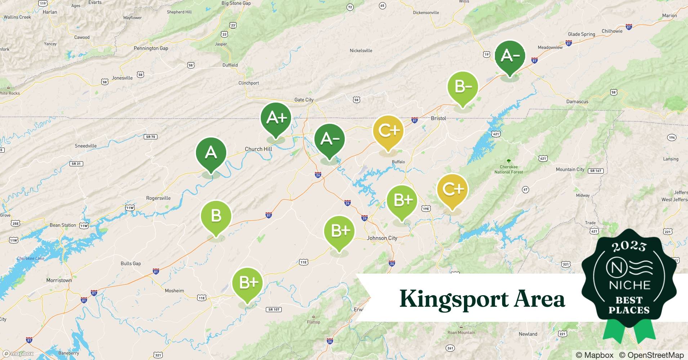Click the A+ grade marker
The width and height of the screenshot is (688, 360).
pos(276,118)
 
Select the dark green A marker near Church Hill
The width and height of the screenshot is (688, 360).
pos(211,153)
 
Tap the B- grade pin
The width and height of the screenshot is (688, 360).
pos(463,87)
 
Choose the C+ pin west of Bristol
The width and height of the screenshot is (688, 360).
pos(388,131)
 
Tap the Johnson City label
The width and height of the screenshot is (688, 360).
pos(382,238)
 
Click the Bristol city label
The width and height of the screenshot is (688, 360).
pos(438,118)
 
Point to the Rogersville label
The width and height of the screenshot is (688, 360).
pos(158,198)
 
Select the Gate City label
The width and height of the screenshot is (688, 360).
pos(304,100)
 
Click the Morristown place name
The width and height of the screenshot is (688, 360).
pos(59,280)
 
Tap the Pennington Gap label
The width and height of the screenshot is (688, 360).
pos(151,48)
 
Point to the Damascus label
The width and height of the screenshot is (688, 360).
pos(577,102)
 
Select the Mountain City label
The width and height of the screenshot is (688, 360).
pos(570,169)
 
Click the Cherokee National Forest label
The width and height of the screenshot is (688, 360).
pos(509,169)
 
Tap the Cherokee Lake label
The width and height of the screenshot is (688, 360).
pos(31,258)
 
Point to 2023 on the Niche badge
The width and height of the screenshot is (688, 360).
pos(629,246)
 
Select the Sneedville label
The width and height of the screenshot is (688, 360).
pos(85,146)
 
